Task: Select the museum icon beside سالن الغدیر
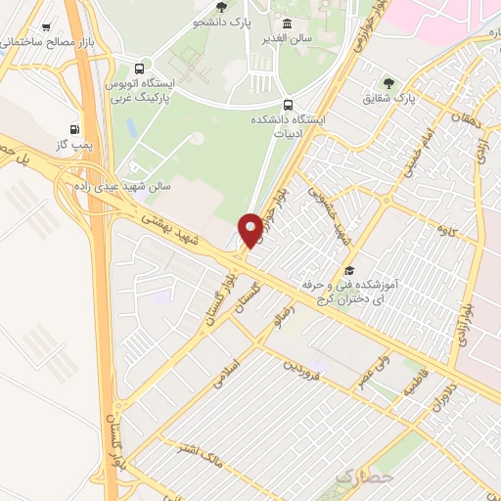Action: click(x=287, y=24)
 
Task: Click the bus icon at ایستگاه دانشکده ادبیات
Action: click(x=287, y=105)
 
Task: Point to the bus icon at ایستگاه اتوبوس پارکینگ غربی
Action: click(x=139, y=69)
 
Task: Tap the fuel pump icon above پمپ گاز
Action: click(x=74, y=129)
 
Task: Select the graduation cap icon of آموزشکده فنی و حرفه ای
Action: click(x=349, y=271)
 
